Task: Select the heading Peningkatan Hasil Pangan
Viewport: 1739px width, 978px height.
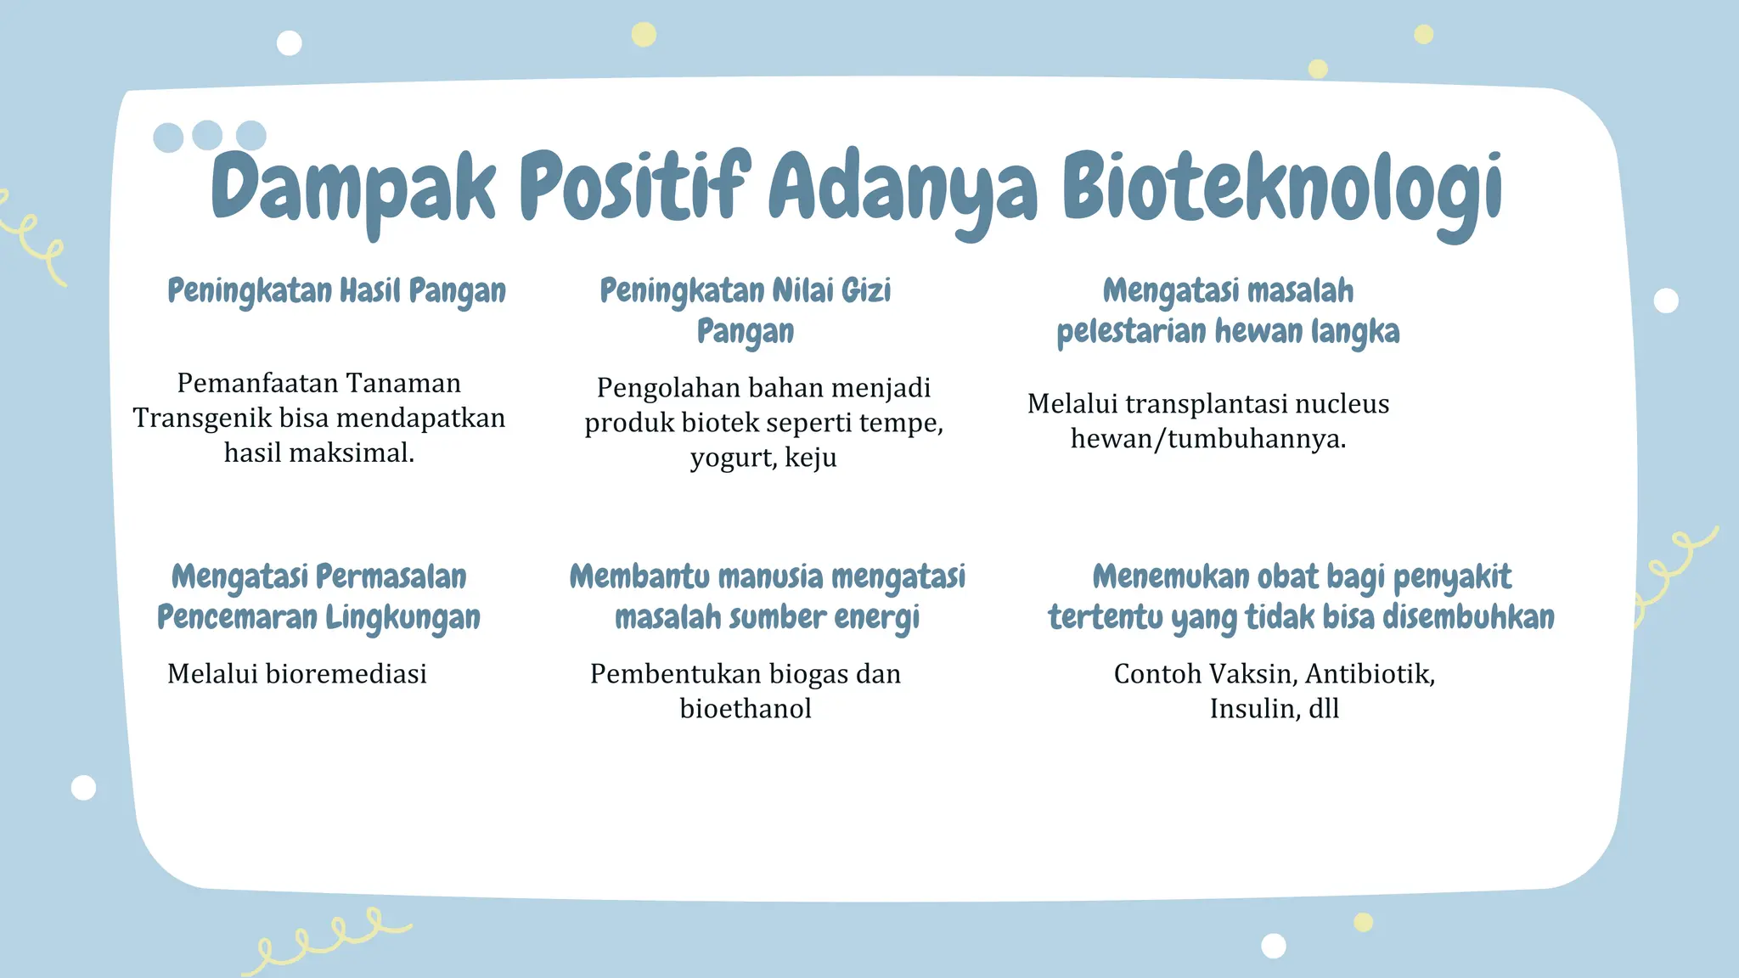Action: point(336,291)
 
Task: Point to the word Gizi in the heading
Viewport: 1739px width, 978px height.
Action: point(865,291)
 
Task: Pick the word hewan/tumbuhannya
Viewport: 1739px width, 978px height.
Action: point(1207,439)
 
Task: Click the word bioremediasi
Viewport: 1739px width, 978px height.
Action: point(346,674)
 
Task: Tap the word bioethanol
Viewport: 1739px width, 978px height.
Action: point(746,709)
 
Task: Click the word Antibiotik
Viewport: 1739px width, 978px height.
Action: point(1369,674)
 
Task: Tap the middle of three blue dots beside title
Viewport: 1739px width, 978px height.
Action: point(207,135)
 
